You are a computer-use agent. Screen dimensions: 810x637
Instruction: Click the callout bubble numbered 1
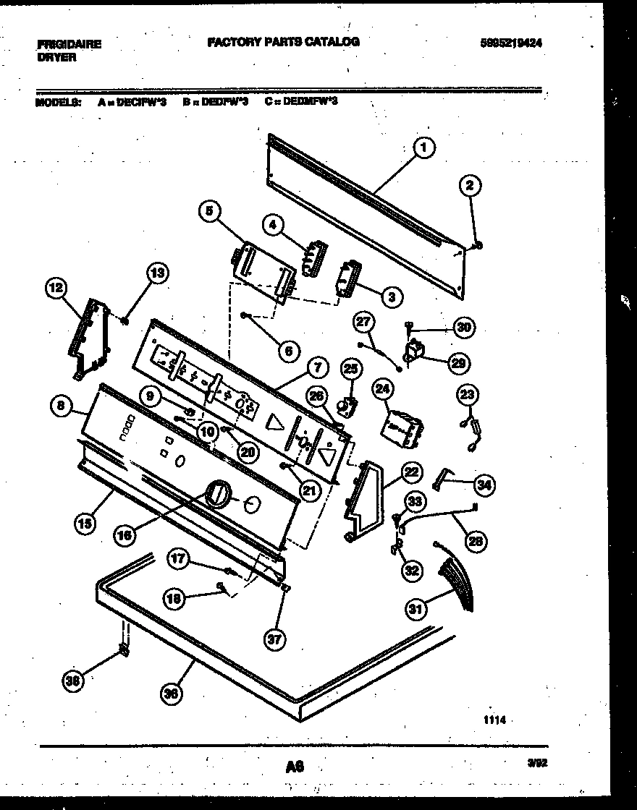pyautogui.click(x=425, y=148)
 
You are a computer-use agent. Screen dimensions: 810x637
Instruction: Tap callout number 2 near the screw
pyautogui.click(x=470, y=186)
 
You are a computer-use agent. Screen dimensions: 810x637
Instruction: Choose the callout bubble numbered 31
pyautogui.click(x=415, y=610)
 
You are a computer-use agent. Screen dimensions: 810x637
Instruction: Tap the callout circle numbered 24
pyautogui.click(x=381, y=389)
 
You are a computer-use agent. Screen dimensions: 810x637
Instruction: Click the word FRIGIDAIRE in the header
pyautogui.click(x=69, y=44)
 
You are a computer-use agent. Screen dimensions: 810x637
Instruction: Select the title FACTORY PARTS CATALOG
pyautogui.click(x=283, y=42)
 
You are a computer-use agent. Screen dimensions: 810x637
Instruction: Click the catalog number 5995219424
pyautogui.click(x=511, y=43)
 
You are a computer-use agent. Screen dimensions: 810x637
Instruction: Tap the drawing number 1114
pyautogui.click(x=493, y=720)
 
